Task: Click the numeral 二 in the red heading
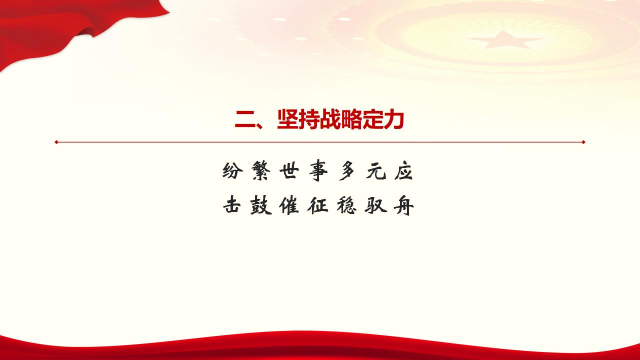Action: pyautogui.click(x=246, y=120)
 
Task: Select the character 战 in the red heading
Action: pyautogui.click(x=329, y=120)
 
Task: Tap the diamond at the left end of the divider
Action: pyautogui.click(x=56, y=142)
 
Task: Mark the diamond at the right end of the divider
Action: pyautogui.click(x=583, y=142)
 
